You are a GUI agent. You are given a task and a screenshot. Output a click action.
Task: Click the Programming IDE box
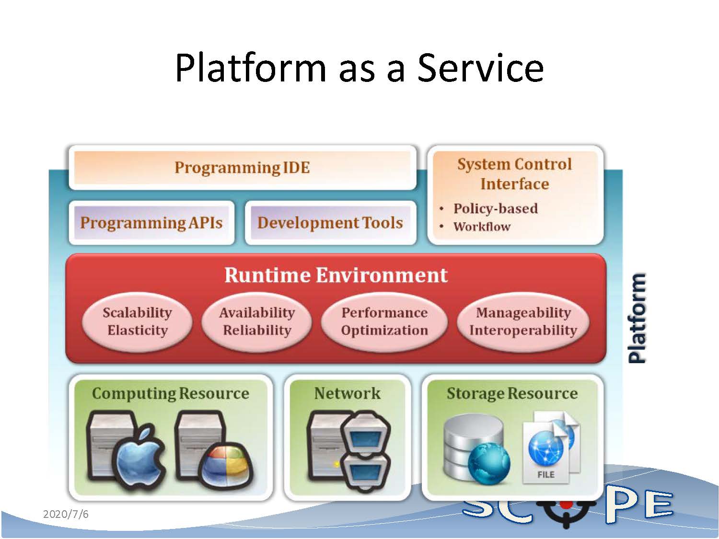[x=242, y=168]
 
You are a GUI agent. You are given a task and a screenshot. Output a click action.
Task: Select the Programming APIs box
[x=151, y=223]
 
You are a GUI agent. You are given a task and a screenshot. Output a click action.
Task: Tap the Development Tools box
[x=330, y=223]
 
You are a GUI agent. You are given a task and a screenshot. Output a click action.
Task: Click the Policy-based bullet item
[x=495, y=208]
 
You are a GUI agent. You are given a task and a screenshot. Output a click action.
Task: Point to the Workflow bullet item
[x=482, y=227]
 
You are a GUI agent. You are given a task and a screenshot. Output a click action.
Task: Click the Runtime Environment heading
[x=336, y=275]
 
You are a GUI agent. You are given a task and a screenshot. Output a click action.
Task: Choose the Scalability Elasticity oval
[x=138, y=321]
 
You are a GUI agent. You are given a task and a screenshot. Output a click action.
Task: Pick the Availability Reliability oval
[x=257, y=321]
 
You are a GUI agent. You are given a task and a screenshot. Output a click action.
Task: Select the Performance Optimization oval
[x=384, y=321]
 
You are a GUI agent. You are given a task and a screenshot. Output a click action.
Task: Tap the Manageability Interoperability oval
[x=523, y=321]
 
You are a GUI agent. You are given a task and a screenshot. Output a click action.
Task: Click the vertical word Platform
[x=637, y=318]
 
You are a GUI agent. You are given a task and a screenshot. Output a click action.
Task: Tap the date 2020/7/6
[x=66, y=515]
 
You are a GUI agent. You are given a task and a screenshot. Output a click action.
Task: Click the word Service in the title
[x=480, y=68]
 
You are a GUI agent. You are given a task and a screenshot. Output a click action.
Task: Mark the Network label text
[x=348, y=393]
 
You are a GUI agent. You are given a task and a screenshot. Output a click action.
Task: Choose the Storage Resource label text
[x=512, y=393]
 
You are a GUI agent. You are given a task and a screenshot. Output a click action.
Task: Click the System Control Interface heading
[x=514, y=174]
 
